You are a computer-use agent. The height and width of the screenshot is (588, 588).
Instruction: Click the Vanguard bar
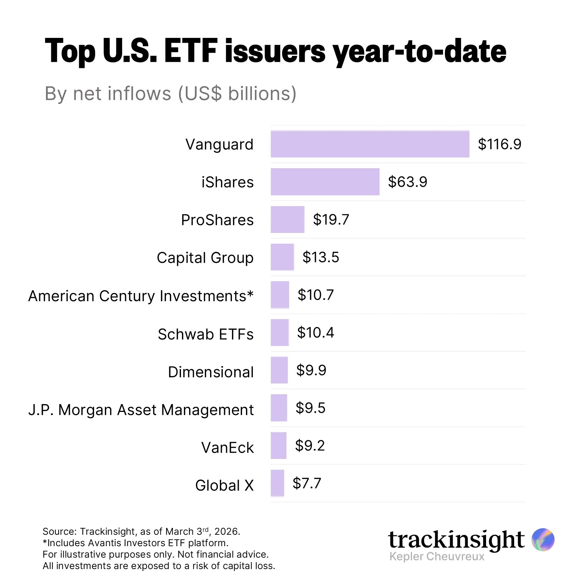tap(370, 144)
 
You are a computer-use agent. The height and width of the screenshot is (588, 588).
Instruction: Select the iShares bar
tap(325, 182)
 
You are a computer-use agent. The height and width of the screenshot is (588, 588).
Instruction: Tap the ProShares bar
tap(287, 220)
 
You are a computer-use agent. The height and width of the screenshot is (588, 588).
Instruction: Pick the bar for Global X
tap(277, 483)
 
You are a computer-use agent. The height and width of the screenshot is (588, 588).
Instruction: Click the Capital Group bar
tap(282, 257)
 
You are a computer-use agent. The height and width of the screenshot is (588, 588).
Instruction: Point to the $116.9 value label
tap(499, 144)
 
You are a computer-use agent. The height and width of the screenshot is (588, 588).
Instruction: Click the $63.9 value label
tap(407, 182)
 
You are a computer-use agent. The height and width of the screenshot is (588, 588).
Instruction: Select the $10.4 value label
tap(315, 333)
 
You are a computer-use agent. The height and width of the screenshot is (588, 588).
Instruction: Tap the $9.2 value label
tap(310, 446)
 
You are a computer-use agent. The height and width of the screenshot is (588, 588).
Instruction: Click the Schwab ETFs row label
tap(205, 334)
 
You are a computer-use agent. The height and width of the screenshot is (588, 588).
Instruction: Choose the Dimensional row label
tap(211, 372)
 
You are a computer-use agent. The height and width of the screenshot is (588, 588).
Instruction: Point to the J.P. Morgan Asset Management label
tap(141, 410)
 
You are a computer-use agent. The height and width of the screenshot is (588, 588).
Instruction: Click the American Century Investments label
tap(141, 296)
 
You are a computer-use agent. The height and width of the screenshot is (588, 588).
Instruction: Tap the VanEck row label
tap(227, 448)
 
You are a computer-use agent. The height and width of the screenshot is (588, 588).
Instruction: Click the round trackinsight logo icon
tap(543, 539)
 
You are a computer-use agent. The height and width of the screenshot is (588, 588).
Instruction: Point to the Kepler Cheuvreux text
tap(437, 556)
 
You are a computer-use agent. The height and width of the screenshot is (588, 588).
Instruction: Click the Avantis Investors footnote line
tap(135, 543)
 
